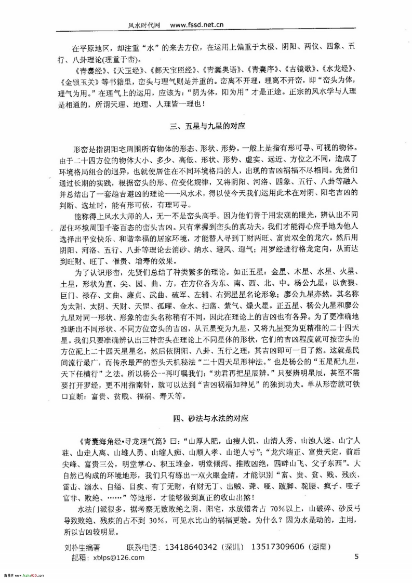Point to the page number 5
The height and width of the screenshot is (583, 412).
point(356,556)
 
